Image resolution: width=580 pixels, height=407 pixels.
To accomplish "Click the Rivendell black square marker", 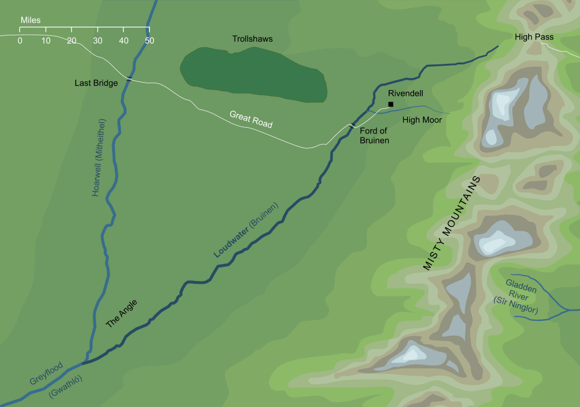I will point(391,104).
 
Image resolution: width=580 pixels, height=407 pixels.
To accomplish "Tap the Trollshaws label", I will point(252,39).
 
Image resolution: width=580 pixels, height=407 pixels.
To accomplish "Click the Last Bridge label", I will point(96,83).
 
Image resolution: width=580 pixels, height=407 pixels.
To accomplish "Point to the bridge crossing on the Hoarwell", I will point(130,79).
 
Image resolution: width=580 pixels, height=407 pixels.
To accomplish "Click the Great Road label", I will point(251,119).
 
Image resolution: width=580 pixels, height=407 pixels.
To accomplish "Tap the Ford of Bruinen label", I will point(374,135).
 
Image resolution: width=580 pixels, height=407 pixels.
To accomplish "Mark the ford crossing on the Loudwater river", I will point(353,124).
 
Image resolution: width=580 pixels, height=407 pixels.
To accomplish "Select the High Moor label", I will point(422,120).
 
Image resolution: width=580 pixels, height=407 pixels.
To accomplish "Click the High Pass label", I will point(534,37).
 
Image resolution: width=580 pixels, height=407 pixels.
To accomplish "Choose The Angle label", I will point(122,314).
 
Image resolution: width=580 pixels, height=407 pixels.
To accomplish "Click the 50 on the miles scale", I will point(149,40).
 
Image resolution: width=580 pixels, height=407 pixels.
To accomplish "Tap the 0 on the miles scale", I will point(20,40).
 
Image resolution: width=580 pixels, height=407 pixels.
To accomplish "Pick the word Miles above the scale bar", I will point(30,20).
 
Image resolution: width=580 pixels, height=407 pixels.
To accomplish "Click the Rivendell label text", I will point(405,93).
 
